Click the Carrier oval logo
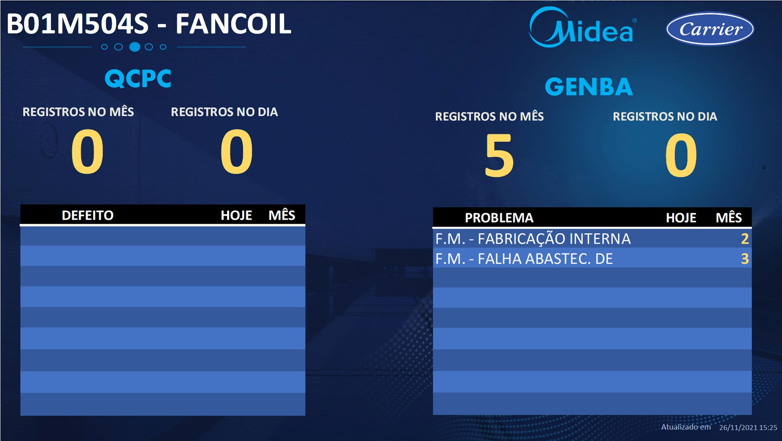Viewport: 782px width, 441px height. pos(710,29)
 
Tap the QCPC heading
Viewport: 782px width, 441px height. pos(138,78)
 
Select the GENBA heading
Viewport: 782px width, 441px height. pos(589,87)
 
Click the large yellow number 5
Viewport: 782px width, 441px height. pos(499,155)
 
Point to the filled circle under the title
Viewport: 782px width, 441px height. pos(135,47)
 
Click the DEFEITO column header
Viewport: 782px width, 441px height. pos(87,215)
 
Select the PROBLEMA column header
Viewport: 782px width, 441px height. pos(499,218)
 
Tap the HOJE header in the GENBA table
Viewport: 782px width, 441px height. pos(681,218)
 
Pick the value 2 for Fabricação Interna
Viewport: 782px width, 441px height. pos(745,239)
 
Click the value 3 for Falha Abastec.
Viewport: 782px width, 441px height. pos(745,259)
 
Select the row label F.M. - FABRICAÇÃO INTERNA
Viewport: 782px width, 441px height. pos(533,239)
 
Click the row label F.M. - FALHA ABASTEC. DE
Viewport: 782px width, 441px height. pos(524,259)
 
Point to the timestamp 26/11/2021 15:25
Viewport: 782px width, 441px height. pos(748,428)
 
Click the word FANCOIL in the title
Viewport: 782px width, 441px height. pos(233,24)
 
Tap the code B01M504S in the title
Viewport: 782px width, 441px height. pos(78,24)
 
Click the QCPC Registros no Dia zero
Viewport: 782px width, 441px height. pos(237,151)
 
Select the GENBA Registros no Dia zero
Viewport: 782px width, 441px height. pos(681,155)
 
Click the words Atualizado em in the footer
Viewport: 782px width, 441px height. pos(686,427)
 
